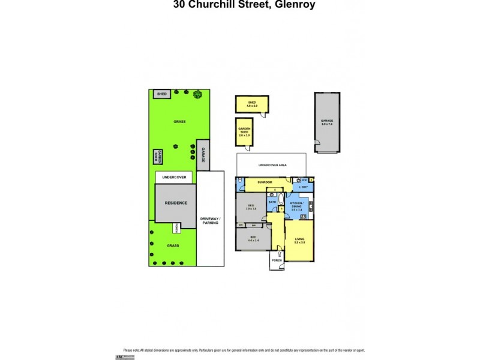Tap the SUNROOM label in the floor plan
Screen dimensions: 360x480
click(x=265, y=182)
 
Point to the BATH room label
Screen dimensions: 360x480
click(x=272, y=202)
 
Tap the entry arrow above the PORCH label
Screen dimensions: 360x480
click(x=280, y=254)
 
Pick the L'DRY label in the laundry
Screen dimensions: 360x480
click(x=304, y=187)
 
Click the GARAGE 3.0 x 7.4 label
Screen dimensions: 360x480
click(x=327, y=122)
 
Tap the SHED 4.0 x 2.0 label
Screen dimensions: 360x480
click(x=251, y=104)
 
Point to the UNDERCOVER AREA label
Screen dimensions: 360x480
click(x=271, y=164)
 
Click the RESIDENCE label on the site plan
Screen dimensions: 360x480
click(x=176, y=203)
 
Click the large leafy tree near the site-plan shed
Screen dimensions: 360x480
click(x=198, y=94)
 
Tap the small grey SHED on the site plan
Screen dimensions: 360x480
click(x=161, y=94)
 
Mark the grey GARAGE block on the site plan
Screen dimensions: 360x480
click(x=203, y=155)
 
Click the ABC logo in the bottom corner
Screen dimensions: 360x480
click(x=128, y=356)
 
